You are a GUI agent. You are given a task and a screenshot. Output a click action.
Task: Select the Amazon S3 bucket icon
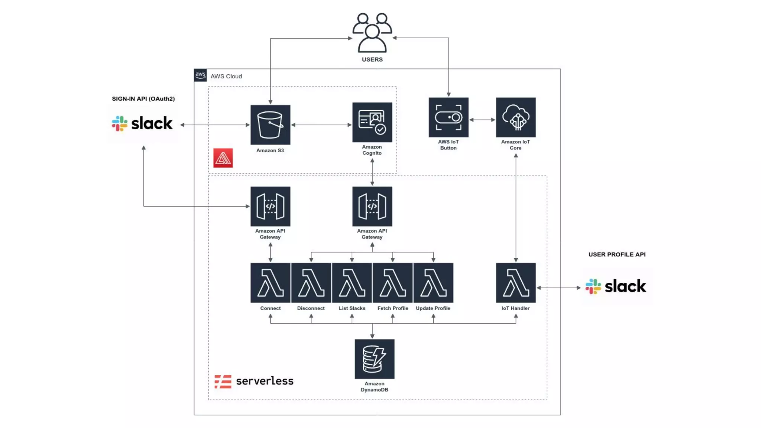pos(270,125)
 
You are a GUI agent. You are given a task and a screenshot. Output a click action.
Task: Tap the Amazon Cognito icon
pos(372,122)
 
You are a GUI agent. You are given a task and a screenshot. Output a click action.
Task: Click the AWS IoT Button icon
pos(448,117)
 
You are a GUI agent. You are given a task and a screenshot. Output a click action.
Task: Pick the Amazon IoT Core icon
pos(516,117)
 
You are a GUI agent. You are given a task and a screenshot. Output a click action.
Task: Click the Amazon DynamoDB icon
pos(374,359)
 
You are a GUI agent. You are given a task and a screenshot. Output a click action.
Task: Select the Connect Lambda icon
pos(270,283)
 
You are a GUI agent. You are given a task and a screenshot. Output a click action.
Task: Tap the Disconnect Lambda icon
pos(311,283)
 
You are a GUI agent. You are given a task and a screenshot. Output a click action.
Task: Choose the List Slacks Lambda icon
pos(352,283)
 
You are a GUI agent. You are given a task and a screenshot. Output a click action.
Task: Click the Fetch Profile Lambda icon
pos(392,283)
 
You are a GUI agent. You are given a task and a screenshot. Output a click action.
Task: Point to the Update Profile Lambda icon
pos(433,283)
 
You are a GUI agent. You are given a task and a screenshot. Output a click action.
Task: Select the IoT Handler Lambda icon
pos(516,283)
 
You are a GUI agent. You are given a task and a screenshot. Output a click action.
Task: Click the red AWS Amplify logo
pos(223,158)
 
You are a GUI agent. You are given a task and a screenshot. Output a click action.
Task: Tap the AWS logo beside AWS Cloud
pos(200,75)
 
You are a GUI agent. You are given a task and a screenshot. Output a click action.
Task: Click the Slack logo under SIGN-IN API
pos(142,123)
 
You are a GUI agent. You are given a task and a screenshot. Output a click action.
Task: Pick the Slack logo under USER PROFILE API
pos(616,286)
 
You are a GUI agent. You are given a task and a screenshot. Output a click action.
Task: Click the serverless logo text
pos(265,381)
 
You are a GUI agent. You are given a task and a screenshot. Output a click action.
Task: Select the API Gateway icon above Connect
pos(270,206)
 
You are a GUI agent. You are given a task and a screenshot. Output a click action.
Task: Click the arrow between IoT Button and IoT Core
pos(482,120)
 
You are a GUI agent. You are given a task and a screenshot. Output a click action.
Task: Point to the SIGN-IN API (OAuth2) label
pos(143,99)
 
